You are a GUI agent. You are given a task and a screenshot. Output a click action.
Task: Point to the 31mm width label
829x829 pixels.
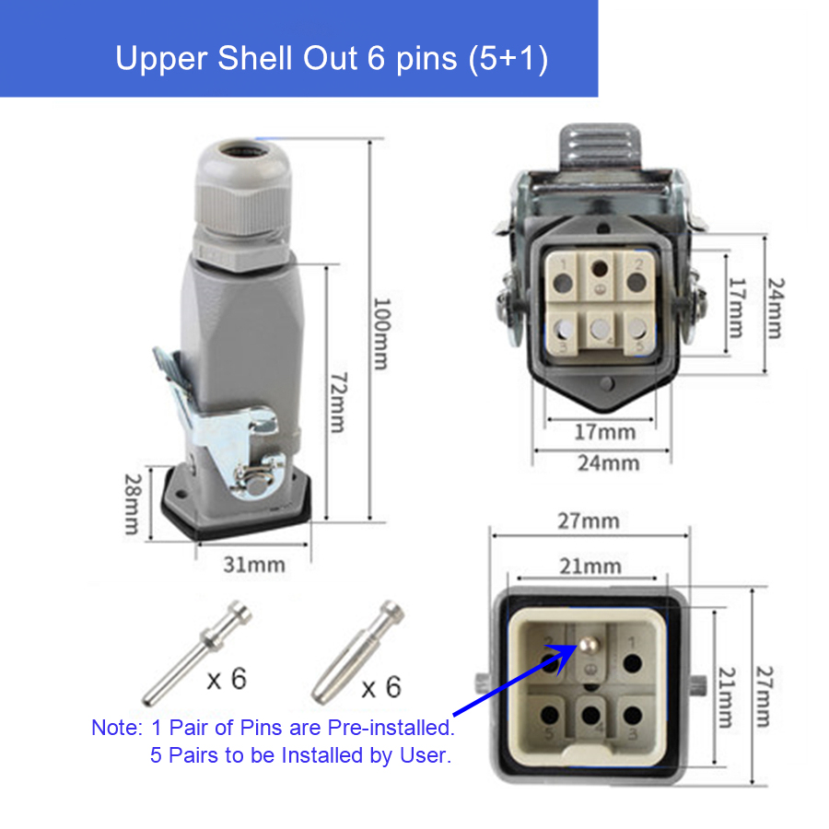pos(254,564)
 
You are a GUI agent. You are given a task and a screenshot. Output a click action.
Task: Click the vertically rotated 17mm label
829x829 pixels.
pos(734,308)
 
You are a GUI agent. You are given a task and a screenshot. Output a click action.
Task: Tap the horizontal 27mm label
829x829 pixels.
pos(589,521)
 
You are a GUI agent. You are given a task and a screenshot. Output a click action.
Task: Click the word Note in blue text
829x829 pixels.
pos(116,727)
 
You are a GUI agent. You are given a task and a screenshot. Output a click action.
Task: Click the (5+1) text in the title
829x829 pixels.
pos(508,58)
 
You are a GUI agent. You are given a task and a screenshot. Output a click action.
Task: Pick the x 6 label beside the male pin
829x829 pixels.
pos(226,680)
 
